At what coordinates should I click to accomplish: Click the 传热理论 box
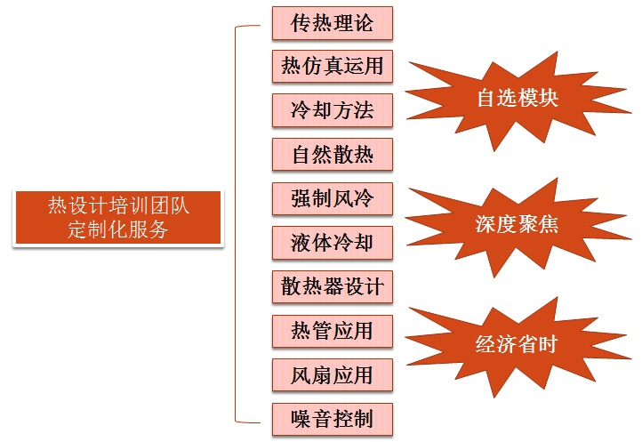pyautogui.click(x=332, y=23)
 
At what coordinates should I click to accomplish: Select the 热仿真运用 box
pyautogui.click(x=332, y=67)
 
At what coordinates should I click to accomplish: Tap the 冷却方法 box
pyautogui.click(x=332, y=110)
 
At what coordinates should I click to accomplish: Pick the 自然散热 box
pyautogui.click(x=332, y=155)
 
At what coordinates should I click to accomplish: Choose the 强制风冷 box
pyautogui.click(x=332, y=198)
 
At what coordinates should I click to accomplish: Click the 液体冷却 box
pyautogui.click(x=332, y=242)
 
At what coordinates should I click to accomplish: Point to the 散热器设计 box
pyautogui.click(x=332, y=286)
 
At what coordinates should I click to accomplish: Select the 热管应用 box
pyautogui.click(x=332, y=330)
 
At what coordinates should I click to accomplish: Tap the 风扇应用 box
pyautogui.click(x=332, y=374)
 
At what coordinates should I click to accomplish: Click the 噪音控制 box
pyautogui.click(x=332, y=418)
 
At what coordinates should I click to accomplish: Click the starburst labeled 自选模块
pyautogui.click(x=516, y=98)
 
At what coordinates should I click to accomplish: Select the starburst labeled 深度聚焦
pyautogui.click(x=516, y=224)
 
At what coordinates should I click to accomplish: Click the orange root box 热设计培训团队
pyautogui.click(x=118, y=206)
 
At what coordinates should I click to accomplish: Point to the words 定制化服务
pyautogui.click(x=118, y=229)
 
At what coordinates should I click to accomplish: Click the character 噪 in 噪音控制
pyautogui.click(x=300, y=418)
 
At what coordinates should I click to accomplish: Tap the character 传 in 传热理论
pyautogui.click(x=300, y=23)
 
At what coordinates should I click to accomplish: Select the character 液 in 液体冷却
pyautogui.click(x=300, y=242)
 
